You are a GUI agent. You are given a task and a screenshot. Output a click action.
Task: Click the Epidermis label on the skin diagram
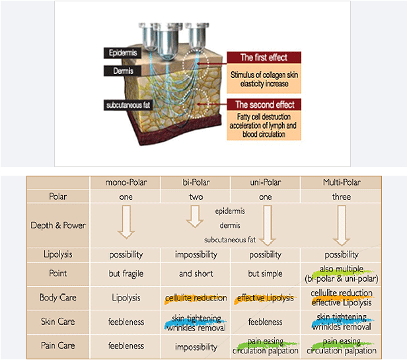click(121, 52)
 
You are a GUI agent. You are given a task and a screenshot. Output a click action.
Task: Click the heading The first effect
click(264, 57)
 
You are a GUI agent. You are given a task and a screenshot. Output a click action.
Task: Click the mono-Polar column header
click(126, 183)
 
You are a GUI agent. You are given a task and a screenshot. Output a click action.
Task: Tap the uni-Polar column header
click(265, 183)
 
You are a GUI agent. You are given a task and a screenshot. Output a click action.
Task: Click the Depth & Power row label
click(58, 225)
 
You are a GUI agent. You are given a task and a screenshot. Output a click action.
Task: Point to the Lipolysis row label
click(58, 254)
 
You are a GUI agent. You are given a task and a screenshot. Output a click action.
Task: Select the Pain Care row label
click(58, 345)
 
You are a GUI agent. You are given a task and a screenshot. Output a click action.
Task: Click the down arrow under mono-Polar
click(126, 224)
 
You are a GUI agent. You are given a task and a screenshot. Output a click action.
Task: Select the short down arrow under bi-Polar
click(194, 214)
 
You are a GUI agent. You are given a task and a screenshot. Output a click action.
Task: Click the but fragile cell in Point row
click(126, 273)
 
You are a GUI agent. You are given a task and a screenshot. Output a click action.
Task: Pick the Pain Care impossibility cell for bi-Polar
click(196, 346)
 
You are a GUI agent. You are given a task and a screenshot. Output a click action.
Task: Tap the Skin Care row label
click(58, 322)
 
